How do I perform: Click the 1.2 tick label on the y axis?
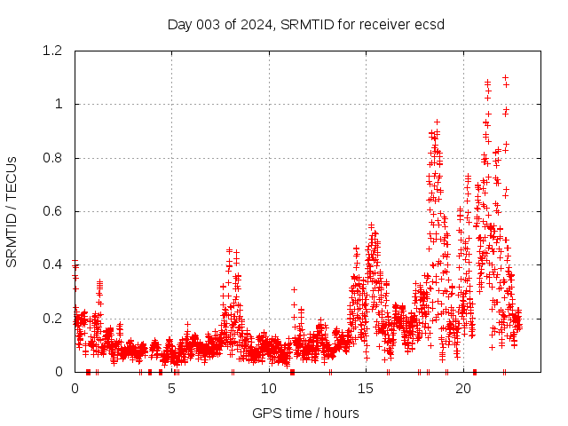(x=54, y=51)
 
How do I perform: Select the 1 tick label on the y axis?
(x=60, y=104)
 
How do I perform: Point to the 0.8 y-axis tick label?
(x=54, y=158)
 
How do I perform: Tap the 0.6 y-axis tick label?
(x=54, y=211)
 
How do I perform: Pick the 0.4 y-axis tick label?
(x=54, y=264)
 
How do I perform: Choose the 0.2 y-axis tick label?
(x=54, y=318)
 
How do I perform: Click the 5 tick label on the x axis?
(x=172, y=389)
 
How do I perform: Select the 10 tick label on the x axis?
(x=269, y=389)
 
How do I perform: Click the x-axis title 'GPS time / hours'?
(x=305, y=413)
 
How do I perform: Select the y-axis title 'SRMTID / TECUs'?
(x=12, y=212)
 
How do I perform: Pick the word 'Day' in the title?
(x=179, y=24)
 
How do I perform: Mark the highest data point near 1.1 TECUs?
(x=505, y=78)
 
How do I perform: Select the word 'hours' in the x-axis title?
(x=341, y=413)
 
